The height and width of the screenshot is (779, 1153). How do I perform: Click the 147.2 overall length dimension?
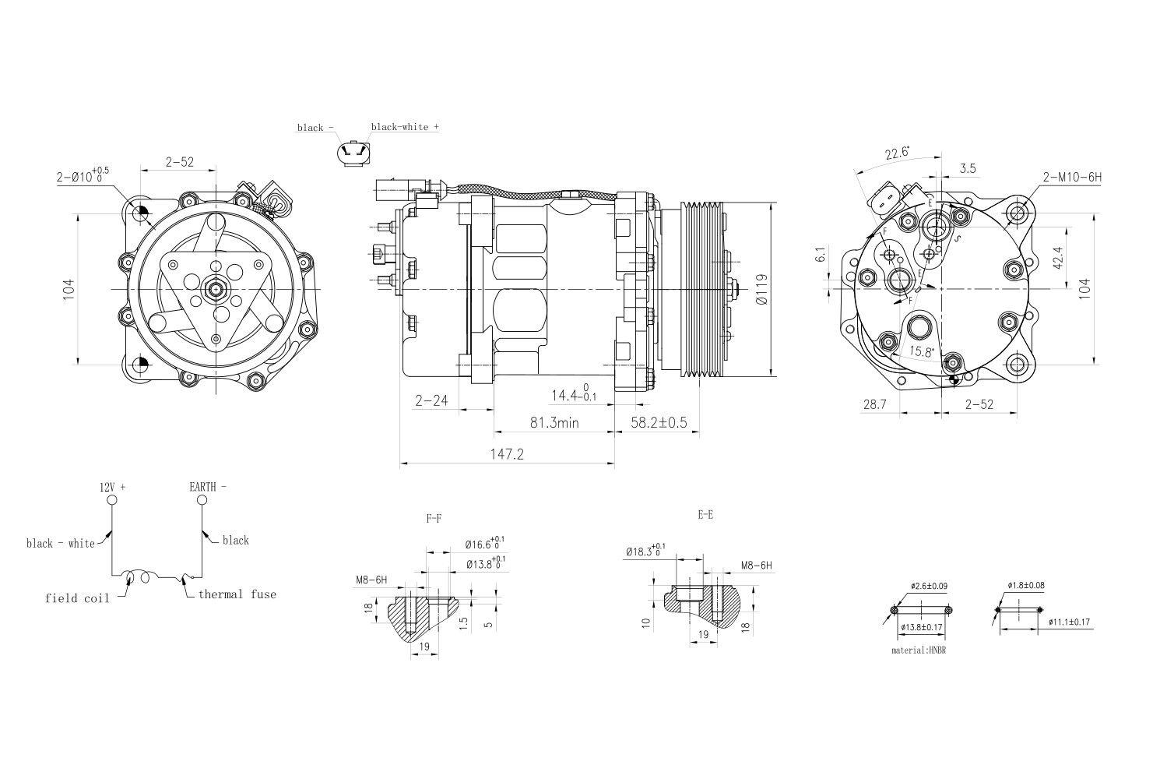pos(506,453)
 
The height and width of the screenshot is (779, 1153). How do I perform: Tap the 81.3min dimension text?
pos(554,422)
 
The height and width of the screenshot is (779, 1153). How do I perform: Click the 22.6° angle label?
pos(897,153)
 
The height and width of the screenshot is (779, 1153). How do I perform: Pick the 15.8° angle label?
pos(921,351)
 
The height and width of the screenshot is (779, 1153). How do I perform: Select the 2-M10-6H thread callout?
pos(1072,177)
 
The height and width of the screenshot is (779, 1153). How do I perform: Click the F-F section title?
pos(434,517)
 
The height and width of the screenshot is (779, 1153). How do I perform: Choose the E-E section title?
pos(705,514)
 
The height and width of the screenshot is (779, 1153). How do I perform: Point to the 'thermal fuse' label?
pos(237,594)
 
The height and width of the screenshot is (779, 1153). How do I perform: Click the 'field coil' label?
pos(77,598)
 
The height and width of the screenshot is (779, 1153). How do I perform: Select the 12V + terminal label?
pos(112,487)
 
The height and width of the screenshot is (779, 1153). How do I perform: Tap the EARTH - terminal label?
pos(208,487)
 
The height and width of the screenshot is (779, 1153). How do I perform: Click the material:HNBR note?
pos(919,649)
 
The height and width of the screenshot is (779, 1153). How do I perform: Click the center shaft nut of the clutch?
pos(214,290)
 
